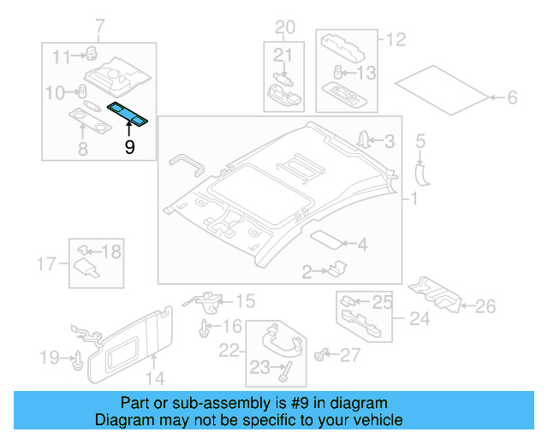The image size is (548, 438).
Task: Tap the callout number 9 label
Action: [129, 147]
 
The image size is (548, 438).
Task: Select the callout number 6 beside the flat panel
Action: [512, 98]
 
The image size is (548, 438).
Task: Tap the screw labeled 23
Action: [284, 371]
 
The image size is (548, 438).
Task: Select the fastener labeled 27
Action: [323, 352]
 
